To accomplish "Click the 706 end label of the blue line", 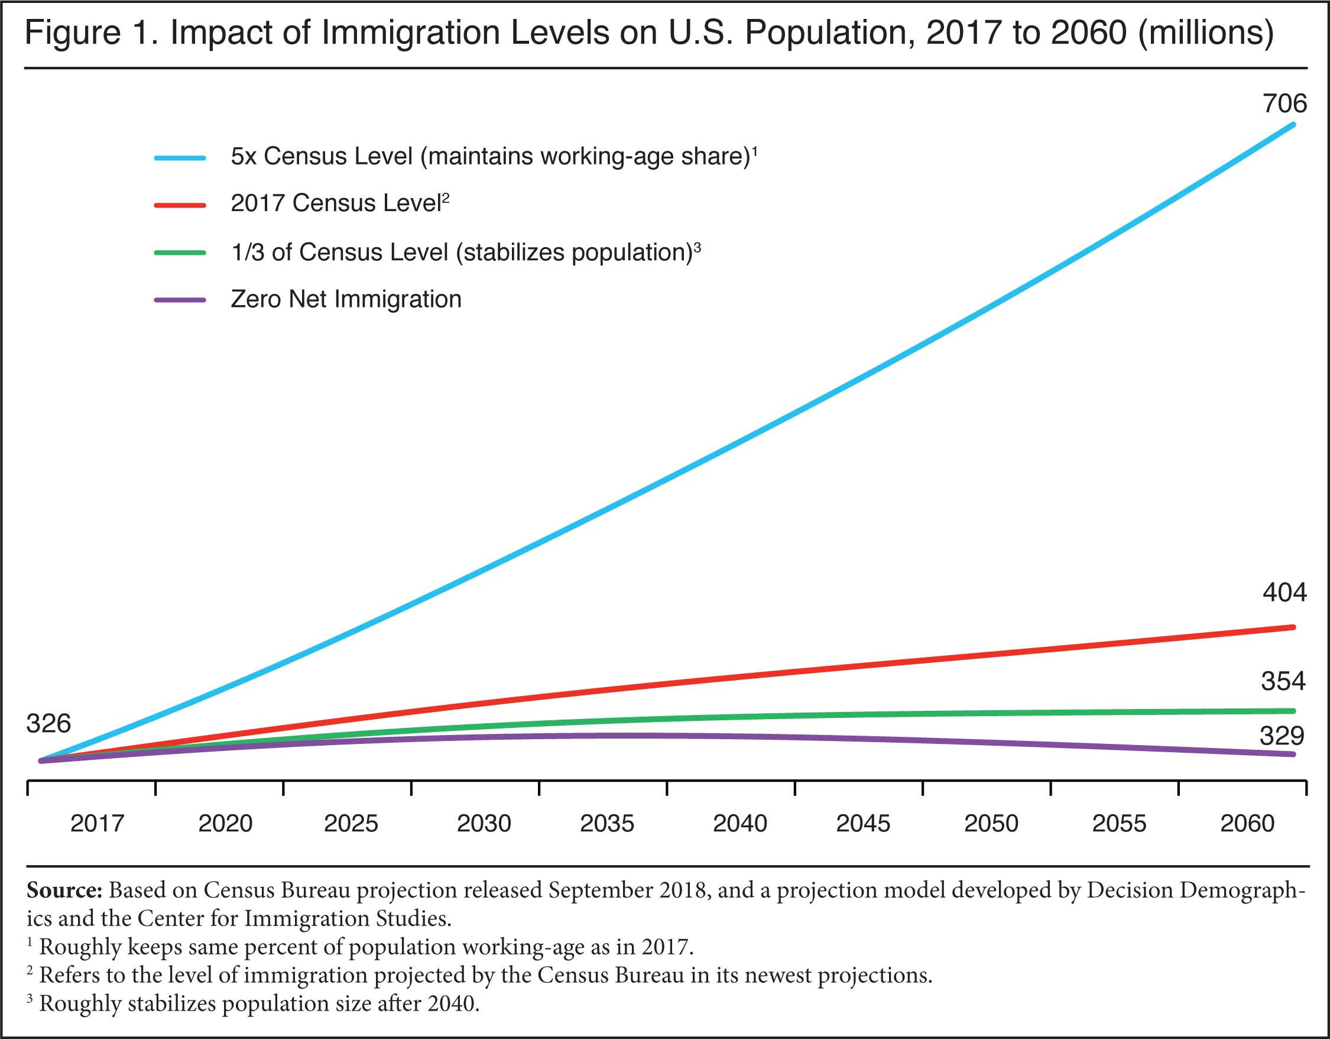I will pyautogui.click(x=1284, y=103).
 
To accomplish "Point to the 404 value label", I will pyautogui.click(x=1284, y=593).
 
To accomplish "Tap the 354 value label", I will pyautogui.click(x=1283, y=681).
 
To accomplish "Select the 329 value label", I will pyautogui.click(x=1282, y=736).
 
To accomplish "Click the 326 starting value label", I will pyautogui.click(x=48, y=723).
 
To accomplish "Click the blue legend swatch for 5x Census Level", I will pyautogui.click(x=180, y=158).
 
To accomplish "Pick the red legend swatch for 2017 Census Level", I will pyautogui.click(x=180, y=205).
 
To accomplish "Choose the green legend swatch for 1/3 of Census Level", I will pyautogui.click(x=180, y=253).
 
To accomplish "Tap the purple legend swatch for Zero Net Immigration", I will pyautogui.click(x=180, y=300).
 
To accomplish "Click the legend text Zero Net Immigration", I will pyautogui.click(x=346, y=299).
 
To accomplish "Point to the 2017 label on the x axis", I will pyautogui.click(x=98, y=823).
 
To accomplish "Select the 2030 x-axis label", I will pyautogui.click(x=484, y=823).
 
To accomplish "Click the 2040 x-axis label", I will pyautogui.click(x=740, y=823).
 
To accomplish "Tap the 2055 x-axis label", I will pyautogui.click(x=1119, y=823).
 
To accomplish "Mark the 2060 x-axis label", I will pyautogui.click(x=1247, y=823).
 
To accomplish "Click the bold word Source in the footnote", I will pyautogui.click(x=64, y=891).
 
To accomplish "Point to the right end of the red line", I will pyautogui.click(x=1293, y=627).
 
